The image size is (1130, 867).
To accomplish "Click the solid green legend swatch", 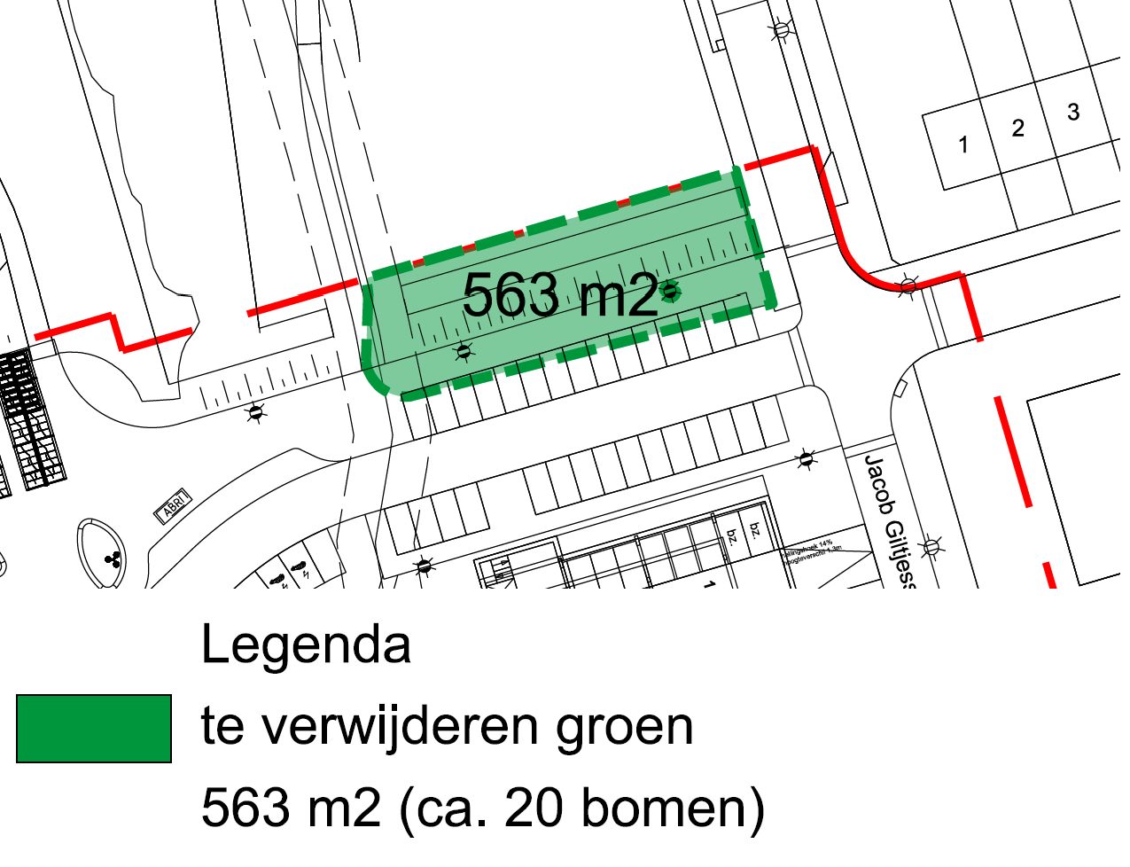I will pyautogui.click(x=93, y=729).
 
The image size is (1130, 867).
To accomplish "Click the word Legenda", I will pyautogui.click(x=306, y=644).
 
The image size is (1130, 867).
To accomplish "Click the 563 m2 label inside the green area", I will pyautogui.click(x=560, y=295).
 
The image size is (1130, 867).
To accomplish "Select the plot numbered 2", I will pyautogui.click(x=1017, y=129).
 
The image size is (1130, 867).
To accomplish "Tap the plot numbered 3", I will pyautogui.click(x=1073, y=112).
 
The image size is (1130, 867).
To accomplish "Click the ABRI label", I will pyautogui.click(x=174, y=505).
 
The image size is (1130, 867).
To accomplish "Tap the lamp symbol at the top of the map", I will pyautogui.click(x=780, y=31).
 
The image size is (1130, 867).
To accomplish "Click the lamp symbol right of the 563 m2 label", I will pyautogui.click(x=672, y=291).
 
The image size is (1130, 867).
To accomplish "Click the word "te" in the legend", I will pyautogui.click(x=221, y=728).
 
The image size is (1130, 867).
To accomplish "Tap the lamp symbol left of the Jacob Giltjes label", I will pyautogui.click(x=806, y=458).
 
